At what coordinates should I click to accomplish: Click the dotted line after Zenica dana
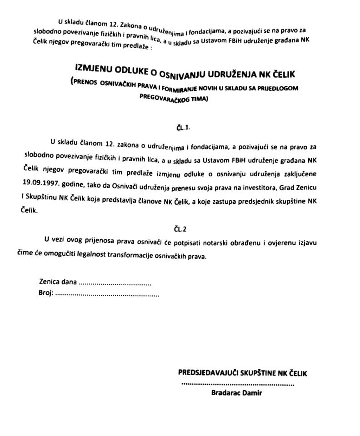pyautogui.click(x=115, y=282)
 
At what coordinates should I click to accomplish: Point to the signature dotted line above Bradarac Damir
pyautogui.click(x=237, y=384)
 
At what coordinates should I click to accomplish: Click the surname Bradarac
pyautogui.click(x=226, y=393)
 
